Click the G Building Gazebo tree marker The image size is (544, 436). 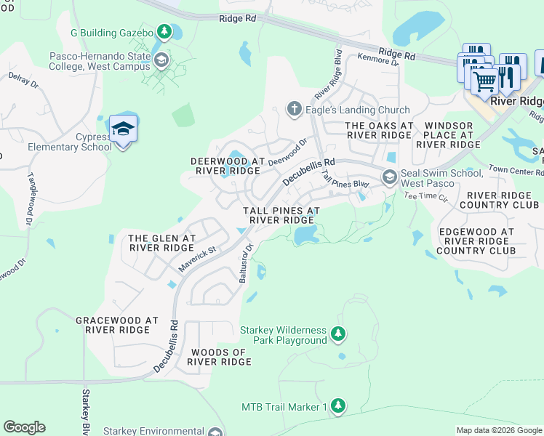point(165,33)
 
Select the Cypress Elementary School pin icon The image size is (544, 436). point(123,130)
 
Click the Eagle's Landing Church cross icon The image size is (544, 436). point(294,110)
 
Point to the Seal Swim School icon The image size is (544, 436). point(390,177)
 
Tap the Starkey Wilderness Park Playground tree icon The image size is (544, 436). point(337,334)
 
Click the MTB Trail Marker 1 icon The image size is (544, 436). point(337,405)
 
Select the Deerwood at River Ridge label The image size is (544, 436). point(225,165)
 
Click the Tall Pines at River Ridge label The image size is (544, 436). point(281,214)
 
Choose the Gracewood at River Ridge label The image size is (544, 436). point(117,324)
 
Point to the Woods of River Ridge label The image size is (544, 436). point(220,356)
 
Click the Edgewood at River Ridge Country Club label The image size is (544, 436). point(476,241)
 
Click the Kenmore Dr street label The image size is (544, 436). point(377,60)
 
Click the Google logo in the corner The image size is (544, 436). point(24,427)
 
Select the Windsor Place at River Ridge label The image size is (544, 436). point(449,135)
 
